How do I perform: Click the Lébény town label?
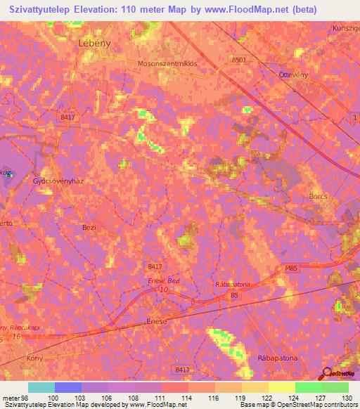coord(94,42)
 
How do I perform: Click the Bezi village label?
coord(89,228)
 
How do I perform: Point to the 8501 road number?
coord(240,60)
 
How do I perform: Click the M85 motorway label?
coord(292,268)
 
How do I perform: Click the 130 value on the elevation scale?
coord(347,397)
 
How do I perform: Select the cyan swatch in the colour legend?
coord(41,387)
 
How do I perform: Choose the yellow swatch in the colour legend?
coord(281,387)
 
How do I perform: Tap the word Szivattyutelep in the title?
coord(41,10)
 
